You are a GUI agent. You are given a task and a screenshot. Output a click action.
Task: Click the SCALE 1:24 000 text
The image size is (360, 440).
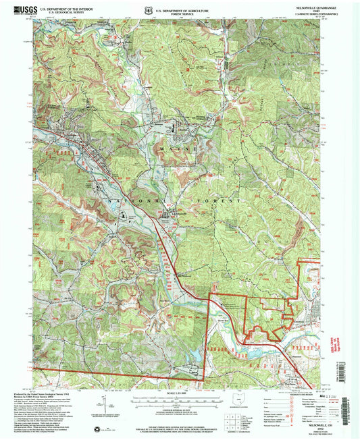pyautogui.click(x=179, y=393)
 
